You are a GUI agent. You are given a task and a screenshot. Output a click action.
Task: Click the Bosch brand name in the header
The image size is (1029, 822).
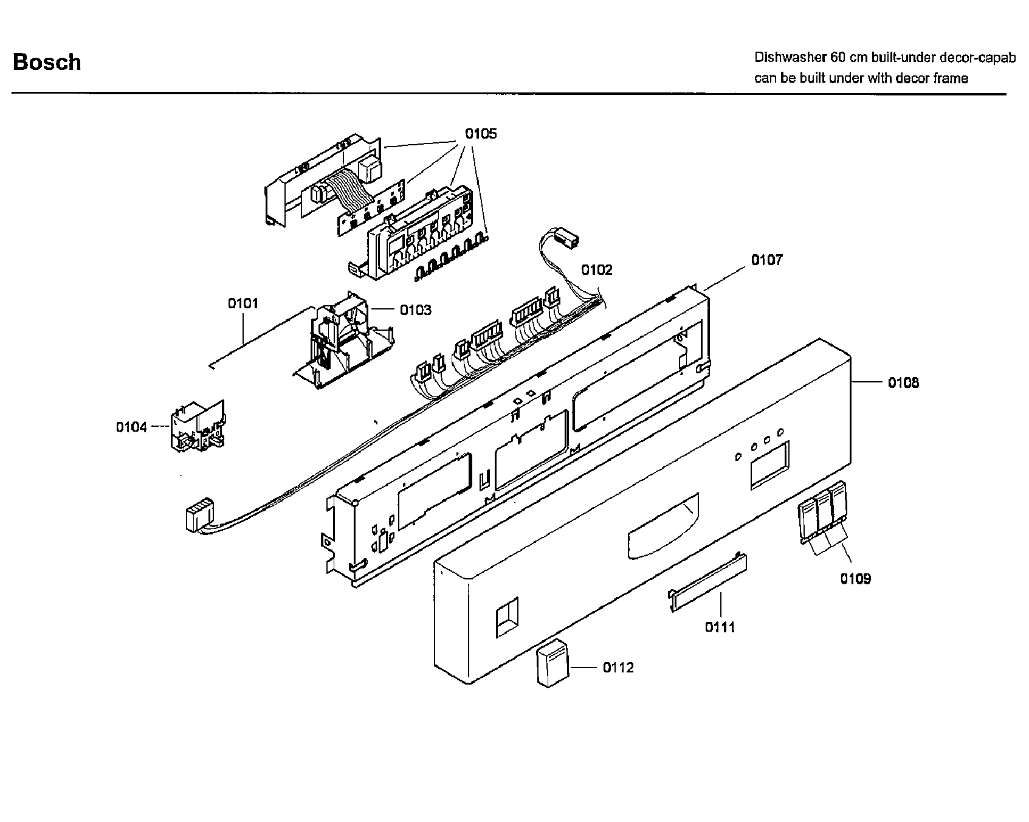pyautogui.click(x=47, y=62)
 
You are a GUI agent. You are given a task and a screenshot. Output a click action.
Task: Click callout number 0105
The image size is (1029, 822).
pyautogui.click(x=481, y=133)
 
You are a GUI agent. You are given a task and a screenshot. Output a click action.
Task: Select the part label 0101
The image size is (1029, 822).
pyautogui.click(x=243, y=303)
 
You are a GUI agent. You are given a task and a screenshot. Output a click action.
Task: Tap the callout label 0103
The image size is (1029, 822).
pyautogui.click(x=416, y=310)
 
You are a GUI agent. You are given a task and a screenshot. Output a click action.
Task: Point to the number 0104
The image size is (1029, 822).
pyautogui.click(x=131, y=427)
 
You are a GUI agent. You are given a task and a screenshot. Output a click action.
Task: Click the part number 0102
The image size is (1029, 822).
pyautogui.click(x=596, y=269)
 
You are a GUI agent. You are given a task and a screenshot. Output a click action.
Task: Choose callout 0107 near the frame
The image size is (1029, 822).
pyautogui.click(x=767, y=260)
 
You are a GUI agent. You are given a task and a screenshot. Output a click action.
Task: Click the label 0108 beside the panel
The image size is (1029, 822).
pyautogui.click(x=903, y=382)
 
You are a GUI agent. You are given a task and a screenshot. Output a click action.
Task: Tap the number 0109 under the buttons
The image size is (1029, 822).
pyautogui.click(x=855, y=579)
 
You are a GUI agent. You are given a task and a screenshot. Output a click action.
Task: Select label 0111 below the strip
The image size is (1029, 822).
pyautogui.click(x=720, y=627)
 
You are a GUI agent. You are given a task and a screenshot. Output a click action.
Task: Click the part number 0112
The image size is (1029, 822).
pyautogui.click(x=618, y=668)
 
